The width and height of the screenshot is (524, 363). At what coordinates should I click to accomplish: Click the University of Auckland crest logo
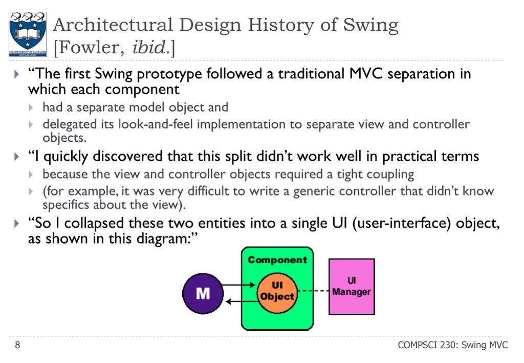[27, 34]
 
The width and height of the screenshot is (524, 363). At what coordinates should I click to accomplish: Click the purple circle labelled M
[203, 293]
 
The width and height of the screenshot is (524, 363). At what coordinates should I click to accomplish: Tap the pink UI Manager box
[351, 286]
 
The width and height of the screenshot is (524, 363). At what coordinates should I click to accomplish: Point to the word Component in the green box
[277, 260]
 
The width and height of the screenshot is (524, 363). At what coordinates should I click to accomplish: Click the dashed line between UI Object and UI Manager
[313, 291]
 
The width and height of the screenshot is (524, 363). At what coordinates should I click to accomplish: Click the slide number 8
[17, 345]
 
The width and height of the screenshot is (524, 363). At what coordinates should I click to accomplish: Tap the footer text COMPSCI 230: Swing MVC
[452, 345]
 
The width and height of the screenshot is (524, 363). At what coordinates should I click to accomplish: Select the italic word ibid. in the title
[150, 48]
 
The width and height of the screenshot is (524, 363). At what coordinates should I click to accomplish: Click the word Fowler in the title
[90, 48]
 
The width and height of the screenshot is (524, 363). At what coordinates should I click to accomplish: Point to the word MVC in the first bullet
[366, 74]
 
